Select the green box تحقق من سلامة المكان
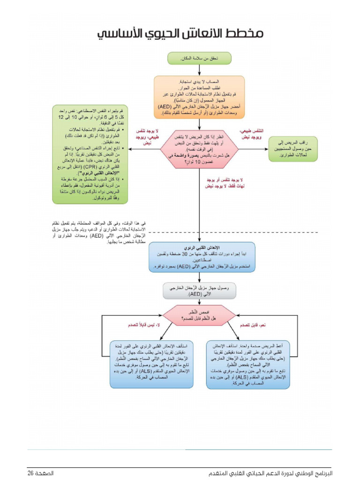pyautogui.click(x=200, y=59)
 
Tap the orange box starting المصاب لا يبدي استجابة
pyautogui.click(x=199, y=97)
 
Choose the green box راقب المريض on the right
pyautogui.click(x=292, y=149)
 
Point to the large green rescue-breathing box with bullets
pyautogui.click(x=90, y=154)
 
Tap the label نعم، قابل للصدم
pyautogui.click(x=255, y=324)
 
